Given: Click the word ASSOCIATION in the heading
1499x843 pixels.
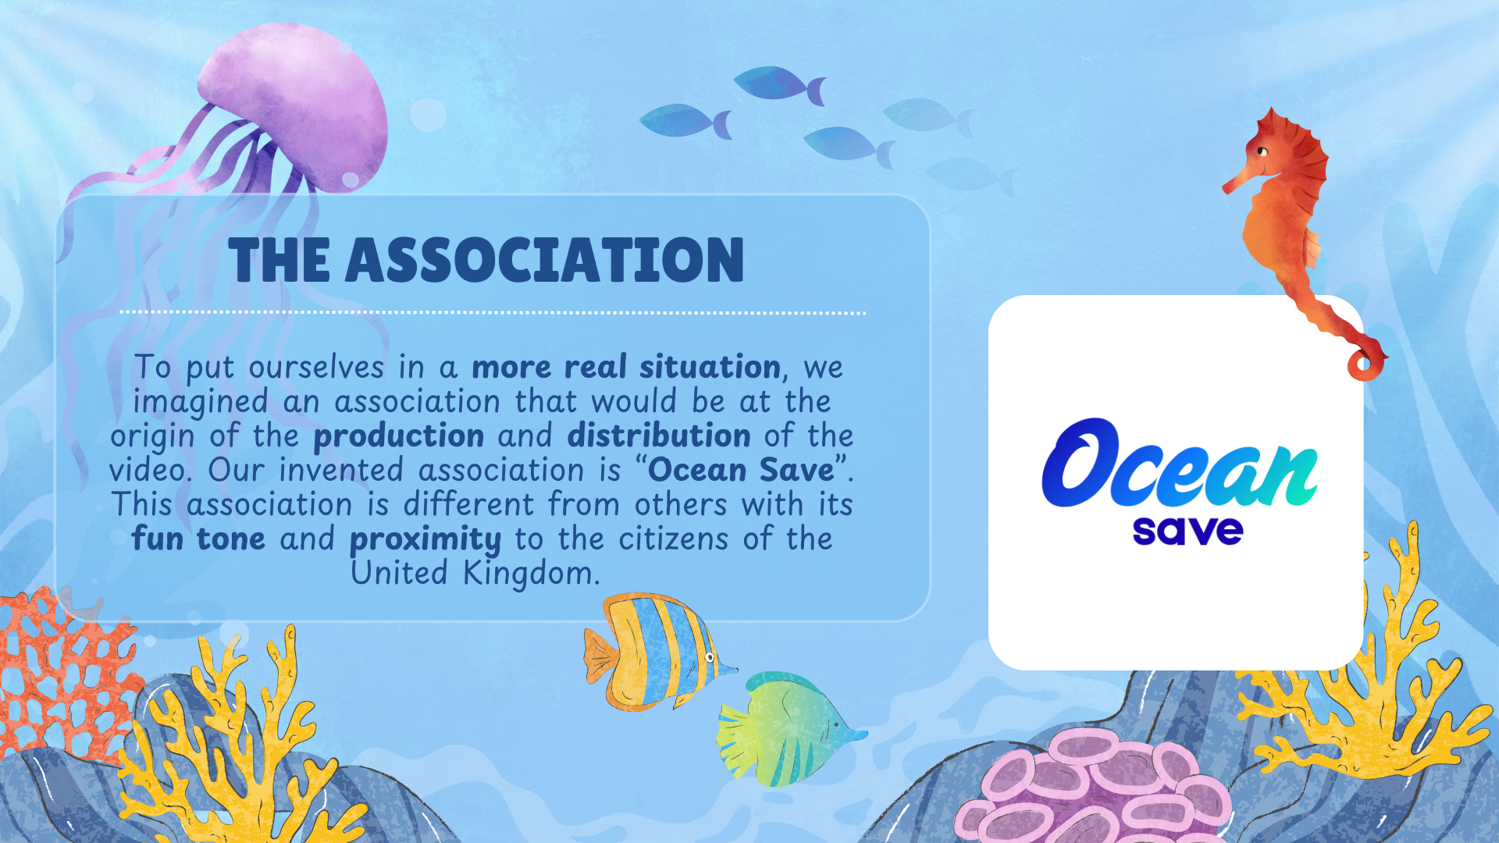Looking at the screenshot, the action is pyautogui.click(x=545, y=260).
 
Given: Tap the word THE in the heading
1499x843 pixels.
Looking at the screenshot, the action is pyautogui.click(x=279, y=260).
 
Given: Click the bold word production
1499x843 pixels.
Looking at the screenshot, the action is pyautogui.click(x=399, y=436).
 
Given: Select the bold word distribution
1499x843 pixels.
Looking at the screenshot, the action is pyautogui.click(x=659, y=435).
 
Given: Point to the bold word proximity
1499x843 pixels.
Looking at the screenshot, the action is pyautogui.click(x=425, y=539).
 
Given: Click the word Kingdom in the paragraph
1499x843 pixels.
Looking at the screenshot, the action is pyautogui.click(x=532, y=574).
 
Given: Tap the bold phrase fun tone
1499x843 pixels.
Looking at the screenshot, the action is pyautogui.click(x=198, y=538).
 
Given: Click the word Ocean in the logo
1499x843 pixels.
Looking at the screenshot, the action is pyautogui.click(x=1180, y=464).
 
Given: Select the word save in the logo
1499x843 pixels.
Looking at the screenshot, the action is pyautogui.click(x=1187, y=531).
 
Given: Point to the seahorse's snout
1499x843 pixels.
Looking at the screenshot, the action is pyautogui.click(x=1234, y=184).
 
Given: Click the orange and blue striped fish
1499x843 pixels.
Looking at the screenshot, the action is pyautogui.click(x=656, y=652).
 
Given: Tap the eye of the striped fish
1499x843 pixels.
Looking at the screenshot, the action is pyautogui.click(x=710, y=657).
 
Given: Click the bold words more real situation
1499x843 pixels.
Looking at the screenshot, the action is pyautogui.click(x=626, y=366).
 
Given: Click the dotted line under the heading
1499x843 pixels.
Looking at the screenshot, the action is pyautogui.click(x=493, y=312).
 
